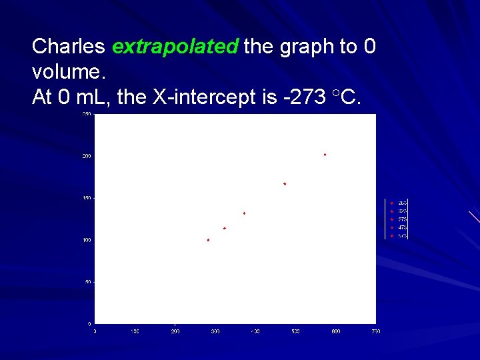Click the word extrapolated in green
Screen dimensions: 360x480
[175, 46]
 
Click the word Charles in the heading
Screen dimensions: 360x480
[69, 46]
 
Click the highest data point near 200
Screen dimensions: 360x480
[325, 155]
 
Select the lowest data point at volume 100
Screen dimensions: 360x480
[209, 240]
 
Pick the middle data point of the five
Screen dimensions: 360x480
[245, 213]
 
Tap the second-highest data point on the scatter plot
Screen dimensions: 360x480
[285, 184]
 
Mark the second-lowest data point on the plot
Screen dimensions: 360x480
[225, 229]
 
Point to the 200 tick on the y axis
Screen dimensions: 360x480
[87, 157]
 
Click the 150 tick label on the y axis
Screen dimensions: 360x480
[87, 199]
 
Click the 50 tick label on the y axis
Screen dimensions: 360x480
[88, 282]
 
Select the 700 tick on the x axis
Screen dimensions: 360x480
[376, 331]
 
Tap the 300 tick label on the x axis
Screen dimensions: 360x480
[215, 331]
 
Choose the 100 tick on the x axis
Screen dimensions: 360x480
[135, 331]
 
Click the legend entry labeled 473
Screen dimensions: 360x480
[403, 227]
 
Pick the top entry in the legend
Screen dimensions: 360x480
[403, 203]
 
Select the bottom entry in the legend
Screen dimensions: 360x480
[403, 236]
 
